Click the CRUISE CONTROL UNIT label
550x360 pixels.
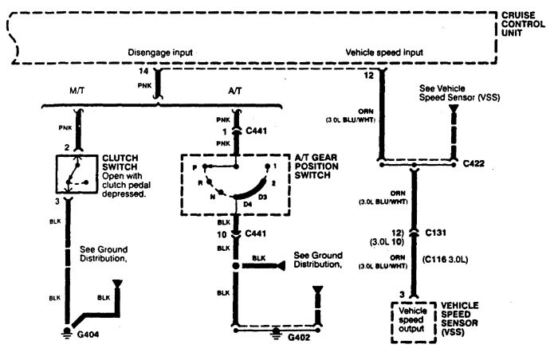(523, 25)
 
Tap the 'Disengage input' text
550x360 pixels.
(160, 53)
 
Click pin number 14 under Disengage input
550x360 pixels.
(143, 72)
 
